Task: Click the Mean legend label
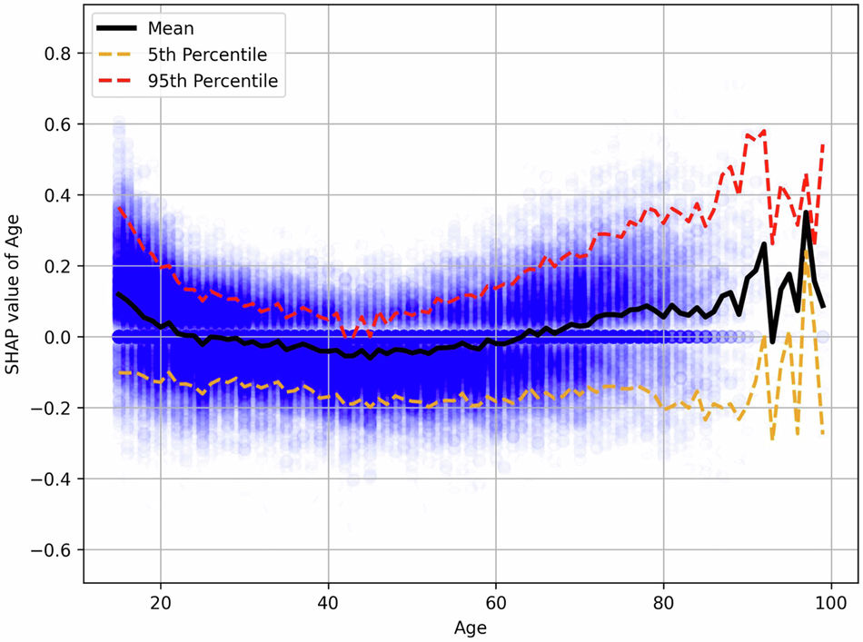pyautogui.click(x=172, y=28)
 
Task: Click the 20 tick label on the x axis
pyautogui.click(x=161, y=601)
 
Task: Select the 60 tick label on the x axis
pyautogui.click(x=496, y=601)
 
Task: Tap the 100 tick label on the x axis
pyautogui.click(x=831, y=601)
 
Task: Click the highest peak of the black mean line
pyautogui.click(x=806, y=213)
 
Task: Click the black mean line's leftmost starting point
pyautogui.click(x=118, y=294)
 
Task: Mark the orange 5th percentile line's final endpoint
pyautogui.click(x=823, y=434)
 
